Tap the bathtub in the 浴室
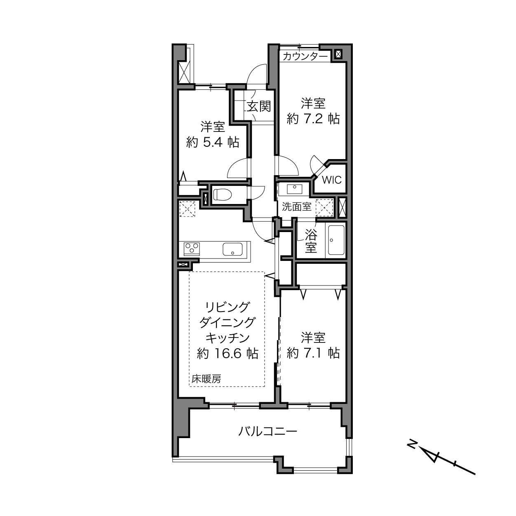click(336, 240)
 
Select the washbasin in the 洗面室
click(294, 189)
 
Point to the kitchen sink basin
click(233, 249)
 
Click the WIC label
click(331, 180)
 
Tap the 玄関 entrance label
click(259, 107)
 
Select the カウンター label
click(305, 56)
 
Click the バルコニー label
click(268, 432)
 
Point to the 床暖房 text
click(206, 379)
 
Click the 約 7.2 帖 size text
click(313, 119)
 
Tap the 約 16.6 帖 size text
click(228, 354)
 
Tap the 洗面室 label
click(296, 207)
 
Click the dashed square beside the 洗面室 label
click(324, 207)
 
